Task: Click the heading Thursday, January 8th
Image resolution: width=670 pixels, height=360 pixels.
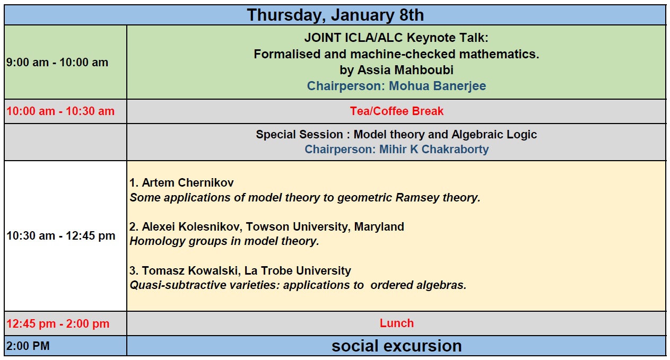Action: tap(335, 15)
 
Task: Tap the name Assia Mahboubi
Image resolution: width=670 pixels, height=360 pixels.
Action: tap(405, 70)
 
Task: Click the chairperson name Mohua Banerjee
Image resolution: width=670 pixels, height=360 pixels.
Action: tap(437, 86)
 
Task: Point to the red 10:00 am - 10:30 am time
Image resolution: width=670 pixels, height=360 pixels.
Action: tap(60, 111)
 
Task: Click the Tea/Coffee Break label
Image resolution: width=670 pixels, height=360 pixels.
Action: tap(397, 111)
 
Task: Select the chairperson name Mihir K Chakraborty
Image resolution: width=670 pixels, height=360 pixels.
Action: tap(434, 149)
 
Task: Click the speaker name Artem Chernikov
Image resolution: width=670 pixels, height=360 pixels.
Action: tap(188, 183)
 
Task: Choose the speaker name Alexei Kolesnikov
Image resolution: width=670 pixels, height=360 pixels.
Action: tap(192, 226)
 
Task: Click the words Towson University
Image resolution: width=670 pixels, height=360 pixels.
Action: tap(298, 226)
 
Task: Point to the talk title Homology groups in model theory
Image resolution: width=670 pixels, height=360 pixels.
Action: tap(224, 241)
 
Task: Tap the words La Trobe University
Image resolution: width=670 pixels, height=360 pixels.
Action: tap(298, 270)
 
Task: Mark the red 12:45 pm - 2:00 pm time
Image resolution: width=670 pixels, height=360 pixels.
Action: tap(58, 324)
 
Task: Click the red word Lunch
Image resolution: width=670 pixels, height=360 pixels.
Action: tap(397, 323)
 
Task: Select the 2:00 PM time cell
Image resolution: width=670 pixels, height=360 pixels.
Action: tap(28, 346)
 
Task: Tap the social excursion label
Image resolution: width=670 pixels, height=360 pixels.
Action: tap(397, 346)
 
